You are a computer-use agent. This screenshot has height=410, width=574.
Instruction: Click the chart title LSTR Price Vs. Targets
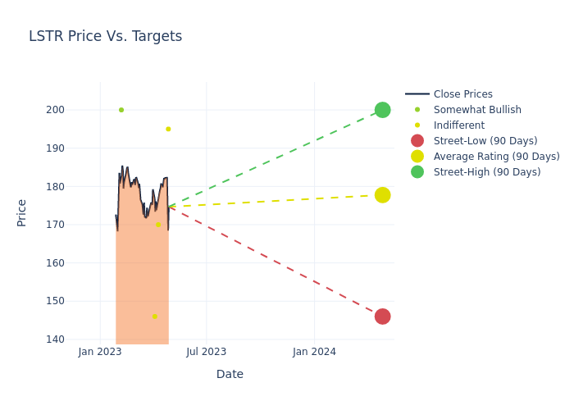point(105,37)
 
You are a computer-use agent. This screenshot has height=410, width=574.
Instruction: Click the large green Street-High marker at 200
point(382,110)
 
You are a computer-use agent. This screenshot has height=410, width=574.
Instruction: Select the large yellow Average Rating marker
point(382,195)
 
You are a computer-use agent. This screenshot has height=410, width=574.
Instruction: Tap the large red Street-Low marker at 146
point(382,317)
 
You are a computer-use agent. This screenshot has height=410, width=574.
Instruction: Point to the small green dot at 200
point(121,110)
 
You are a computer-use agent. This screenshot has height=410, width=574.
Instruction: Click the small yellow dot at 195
point(168,129)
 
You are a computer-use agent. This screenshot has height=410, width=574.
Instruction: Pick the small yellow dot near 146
point(154,317)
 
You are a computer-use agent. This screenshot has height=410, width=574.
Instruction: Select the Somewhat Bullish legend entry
point(477,110)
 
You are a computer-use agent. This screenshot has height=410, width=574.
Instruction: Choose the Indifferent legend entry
point(458,125)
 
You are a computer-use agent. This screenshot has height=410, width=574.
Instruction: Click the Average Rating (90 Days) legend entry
point(496,157)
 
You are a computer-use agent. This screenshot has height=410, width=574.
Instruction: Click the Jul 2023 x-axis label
point(206,352)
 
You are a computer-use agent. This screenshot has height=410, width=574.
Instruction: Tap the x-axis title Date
point(230,375)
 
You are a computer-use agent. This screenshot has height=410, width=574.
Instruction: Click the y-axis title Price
point(22,212)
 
